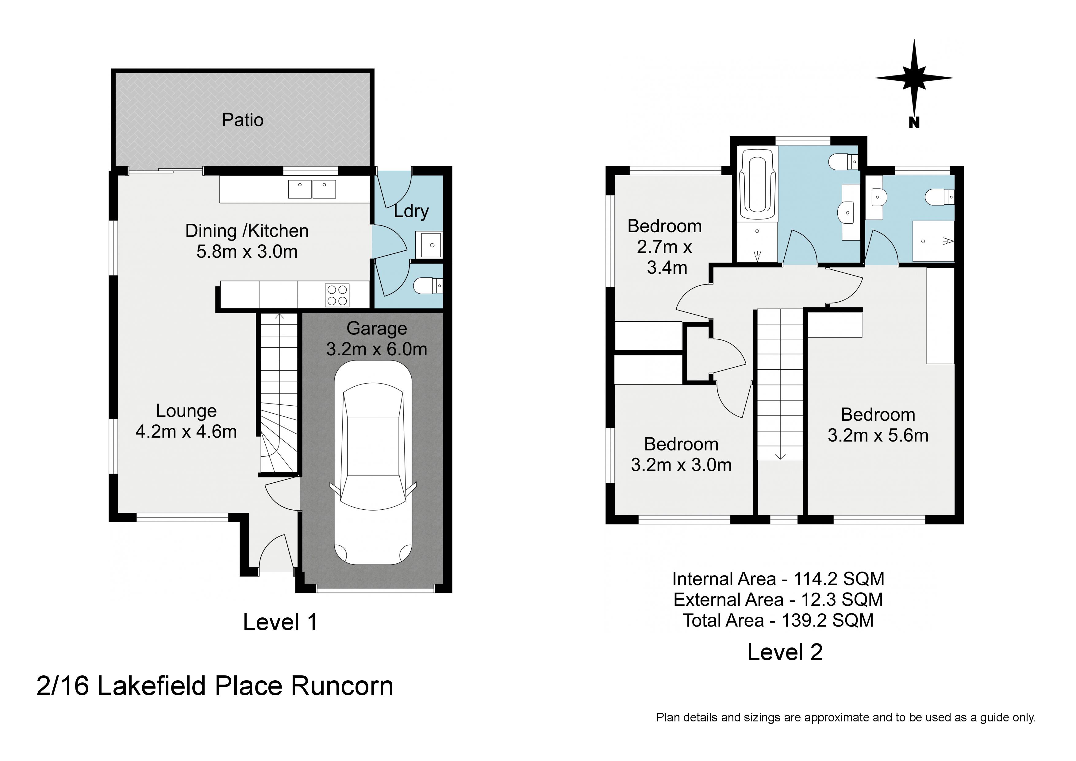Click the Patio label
pos(242,120)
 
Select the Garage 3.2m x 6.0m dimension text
pos(376,349)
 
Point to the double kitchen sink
pos(312,189)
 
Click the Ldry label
pos(411,211)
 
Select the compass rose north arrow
pos(913,78)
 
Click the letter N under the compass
pos(914,123)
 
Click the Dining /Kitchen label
pos(247,231)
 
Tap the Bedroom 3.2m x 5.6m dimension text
pos(878,435)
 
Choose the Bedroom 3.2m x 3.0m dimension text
pos(681,465)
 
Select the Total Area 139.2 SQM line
pos(778,620)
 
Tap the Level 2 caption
pos(785,652)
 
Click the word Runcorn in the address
pos(342,686)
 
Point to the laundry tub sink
pos(428,245)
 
